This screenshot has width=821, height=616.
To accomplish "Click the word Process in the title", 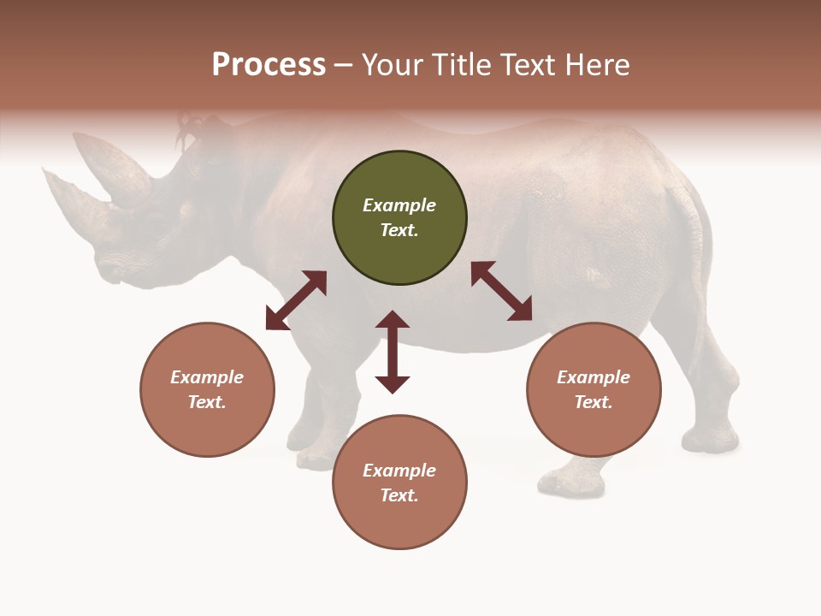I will (x=269, y=64).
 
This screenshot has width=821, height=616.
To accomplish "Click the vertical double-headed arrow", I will (x=393, y=352).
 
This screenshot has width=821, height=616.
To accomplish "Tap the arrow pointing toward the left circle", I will (x=296, y=300).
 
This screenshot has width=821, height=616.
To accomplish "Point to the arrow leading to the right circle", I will (x=501, y=291).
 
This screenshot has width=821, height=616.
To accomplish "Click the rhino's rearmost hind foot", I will (x=710, y=439).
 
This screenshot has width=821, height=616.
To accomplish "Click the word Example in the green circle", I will (x=399, y=205).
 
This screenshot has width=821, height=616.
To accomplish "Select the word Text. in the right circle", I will (x=594, y=402).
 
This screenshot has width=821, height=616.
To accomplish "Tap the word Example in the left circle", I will (x=207, y=377).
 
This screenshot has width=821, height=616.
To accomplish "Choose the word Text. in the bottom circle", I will (x=399, y=495).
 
